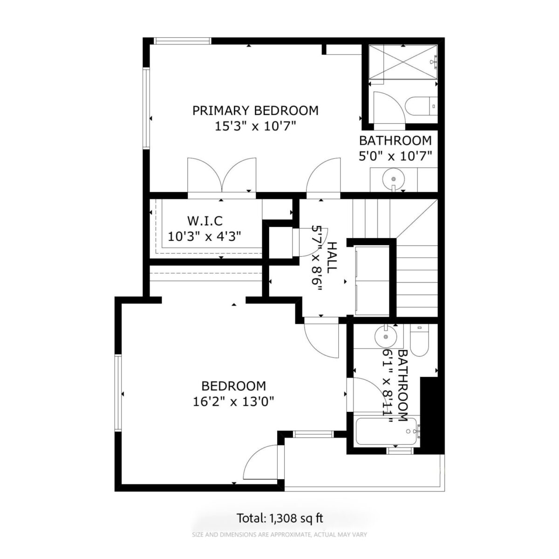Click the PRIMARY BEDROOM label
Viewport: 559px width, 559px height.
255,111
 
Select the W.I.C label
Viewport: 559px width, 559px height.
205,221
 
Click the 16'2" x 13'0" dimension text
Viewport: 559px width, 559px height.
233,402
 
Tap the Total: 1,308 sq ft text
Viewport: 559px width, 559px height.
280,518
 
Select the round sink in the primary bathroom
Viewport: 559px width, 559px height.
394,179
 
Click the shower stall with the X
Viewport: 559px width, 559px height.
403,61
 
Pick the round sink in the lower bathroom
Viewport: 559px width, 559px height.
386,336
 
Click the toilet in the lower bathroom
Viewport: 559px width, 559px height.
419,340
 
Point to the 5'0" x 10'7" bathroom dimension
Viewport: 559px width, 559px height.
395,157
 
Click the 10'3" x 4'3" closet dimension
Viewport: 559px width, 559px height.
205,237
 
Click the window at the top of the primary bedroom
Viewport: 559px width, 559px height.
182,41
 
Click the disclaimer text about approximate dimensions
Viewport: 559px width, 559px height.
279,534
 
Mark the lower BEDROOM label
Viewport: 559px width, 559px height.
233,386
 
